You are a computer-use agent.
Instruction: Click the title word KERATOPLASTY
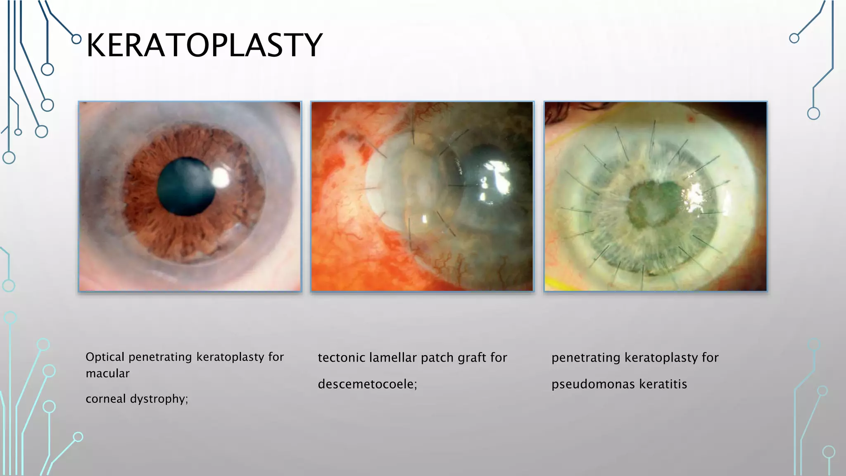pyautogui.click(x=204, y=45)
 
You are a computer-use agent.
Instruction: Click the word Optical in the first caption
pyautogui.click(x=105, y=357)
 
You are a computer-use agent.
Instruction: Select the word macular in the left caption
pyautogui.click(x=107, y=374)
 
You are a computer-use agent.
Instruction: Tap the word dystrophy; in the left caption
pyautogui.click(x=159, y=399)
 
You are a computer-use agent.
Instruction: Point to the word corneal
pyautogui.click(x=105, y=399)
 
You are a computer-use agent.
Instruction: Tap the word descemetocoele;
pyautogui.click(x=367, y=384)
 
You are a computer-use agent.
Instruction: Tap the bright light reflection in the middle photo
pyautogui.click(x=498, y=178)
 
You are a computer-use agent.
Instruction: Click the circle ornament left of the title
pyautogui.click(x=76, y=39)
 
